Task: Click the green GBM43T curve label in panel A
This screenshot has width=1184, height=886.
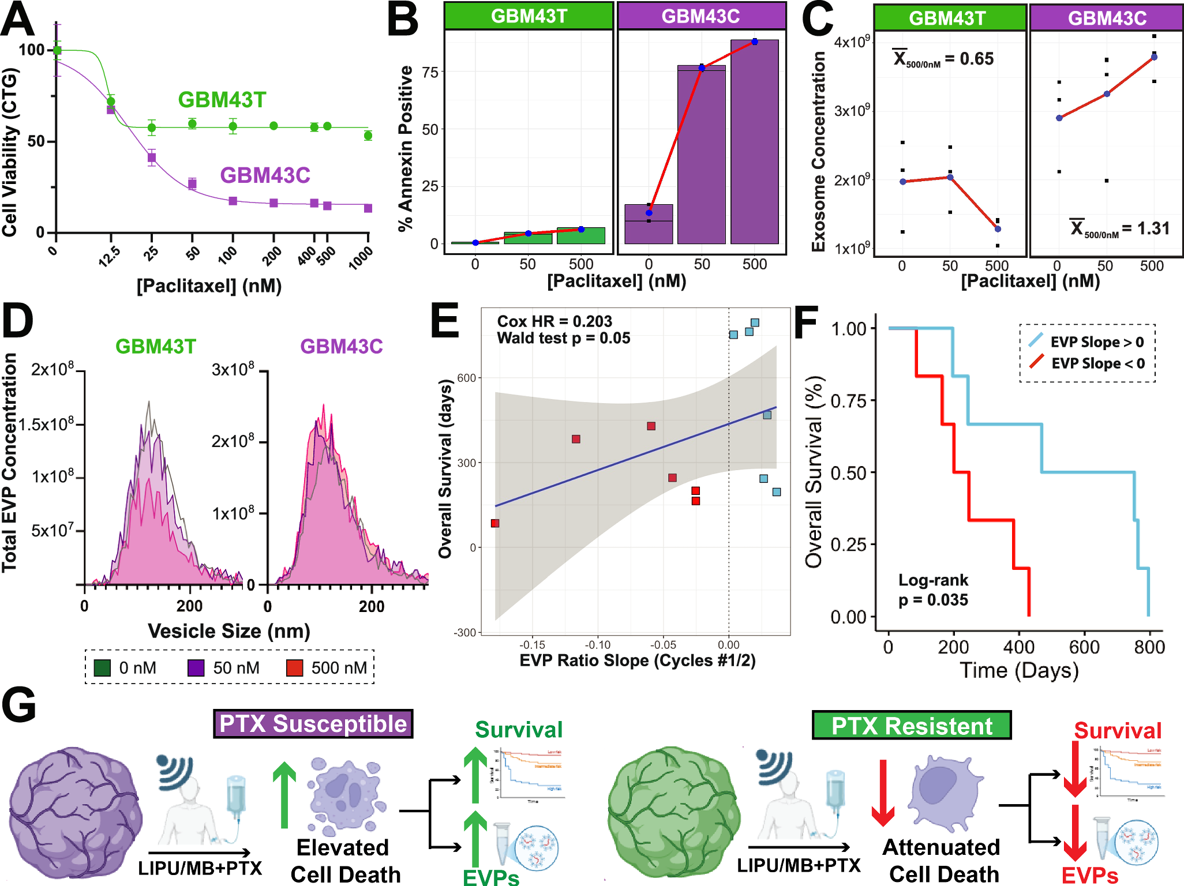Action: (222, 100)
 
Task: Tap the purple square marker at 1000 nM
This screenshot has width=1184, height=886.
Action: (368, 208)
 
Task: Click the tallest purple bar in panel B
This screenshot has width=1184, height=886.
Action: (754, 141)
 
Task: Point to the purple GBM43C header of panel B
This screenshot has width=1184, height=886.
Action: (701, 16)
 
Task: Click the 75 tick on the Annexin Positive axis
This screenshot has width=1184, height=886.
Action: (430, 72)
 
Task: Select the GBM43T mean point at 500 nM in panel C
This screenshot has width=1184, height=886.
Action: (998, 229)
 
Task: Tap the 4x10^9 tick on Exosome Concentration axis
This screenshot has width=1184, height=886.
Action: (852, 42)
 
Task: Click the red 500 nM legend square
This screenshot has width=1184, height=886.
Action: (295, 668)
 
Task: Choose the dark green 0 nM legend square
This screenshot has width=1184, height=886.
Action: (102, 668)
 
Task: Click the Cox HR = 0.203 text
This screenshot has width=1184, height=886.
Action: (554, 321)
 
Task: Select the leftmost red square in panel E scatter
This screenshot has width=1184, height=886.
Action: (495, 523)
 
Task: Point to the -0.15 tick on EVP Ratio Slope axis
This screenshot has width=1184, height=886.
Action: (531, 645)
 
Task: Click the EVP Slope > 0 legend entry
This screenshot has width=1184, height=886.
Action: (1087, 341)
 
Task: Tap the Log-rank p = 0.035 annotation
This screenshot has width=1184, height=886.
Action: (933, 590)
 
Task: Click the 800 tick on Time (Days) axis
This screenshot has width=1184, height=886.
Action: (1149, 647)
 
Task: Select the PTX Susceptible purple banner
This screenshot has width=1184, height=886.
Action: (313, 724)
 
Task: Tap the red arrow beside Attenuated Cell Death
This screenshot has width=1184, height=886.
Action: (882, 793)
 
